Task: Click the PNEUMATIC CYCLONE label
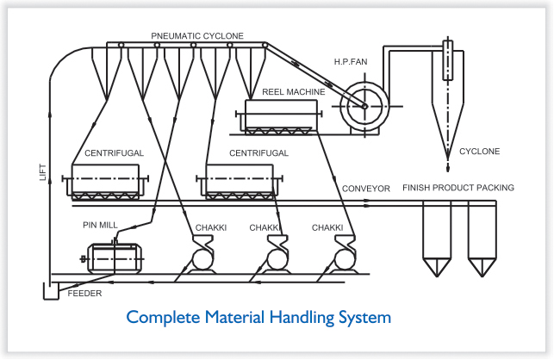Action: (x=197, y=36)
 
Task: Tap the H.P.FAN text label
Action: (x=351, y=62)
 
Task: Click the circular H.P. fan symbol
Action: (x=364, y=106)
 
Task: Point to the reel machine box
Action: (x=280, y=116)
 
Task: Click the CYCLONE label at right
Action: (x=479, y=152)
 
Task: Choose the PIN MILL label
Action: (x=99, y=226)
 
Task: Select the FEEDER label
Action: (x=84, y=294)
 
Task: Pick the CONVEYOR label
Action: (x=366, y=188)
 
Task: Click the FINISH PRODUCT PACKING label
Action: (x=458, y=188)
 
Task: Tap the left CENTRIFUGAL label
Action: (x=114, y=153)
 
